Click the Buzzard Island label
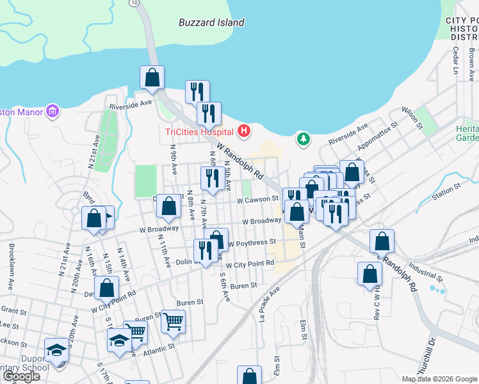point(211,22)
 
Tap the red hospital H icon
point(243,132)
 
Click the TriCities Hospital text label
point(199,132)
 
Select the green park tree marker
point(302,138)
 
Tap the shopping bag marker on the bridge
point(152,77)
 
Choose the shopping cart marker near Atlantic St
point(173,321)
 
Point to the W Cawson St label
point(257,200)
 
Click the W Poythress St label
point(252,243)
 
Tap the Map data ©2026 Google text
point(439,379)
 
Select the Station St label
point(447,190)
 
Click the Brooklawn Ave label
point(11,260)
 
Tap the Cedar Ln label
point(456,61)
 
